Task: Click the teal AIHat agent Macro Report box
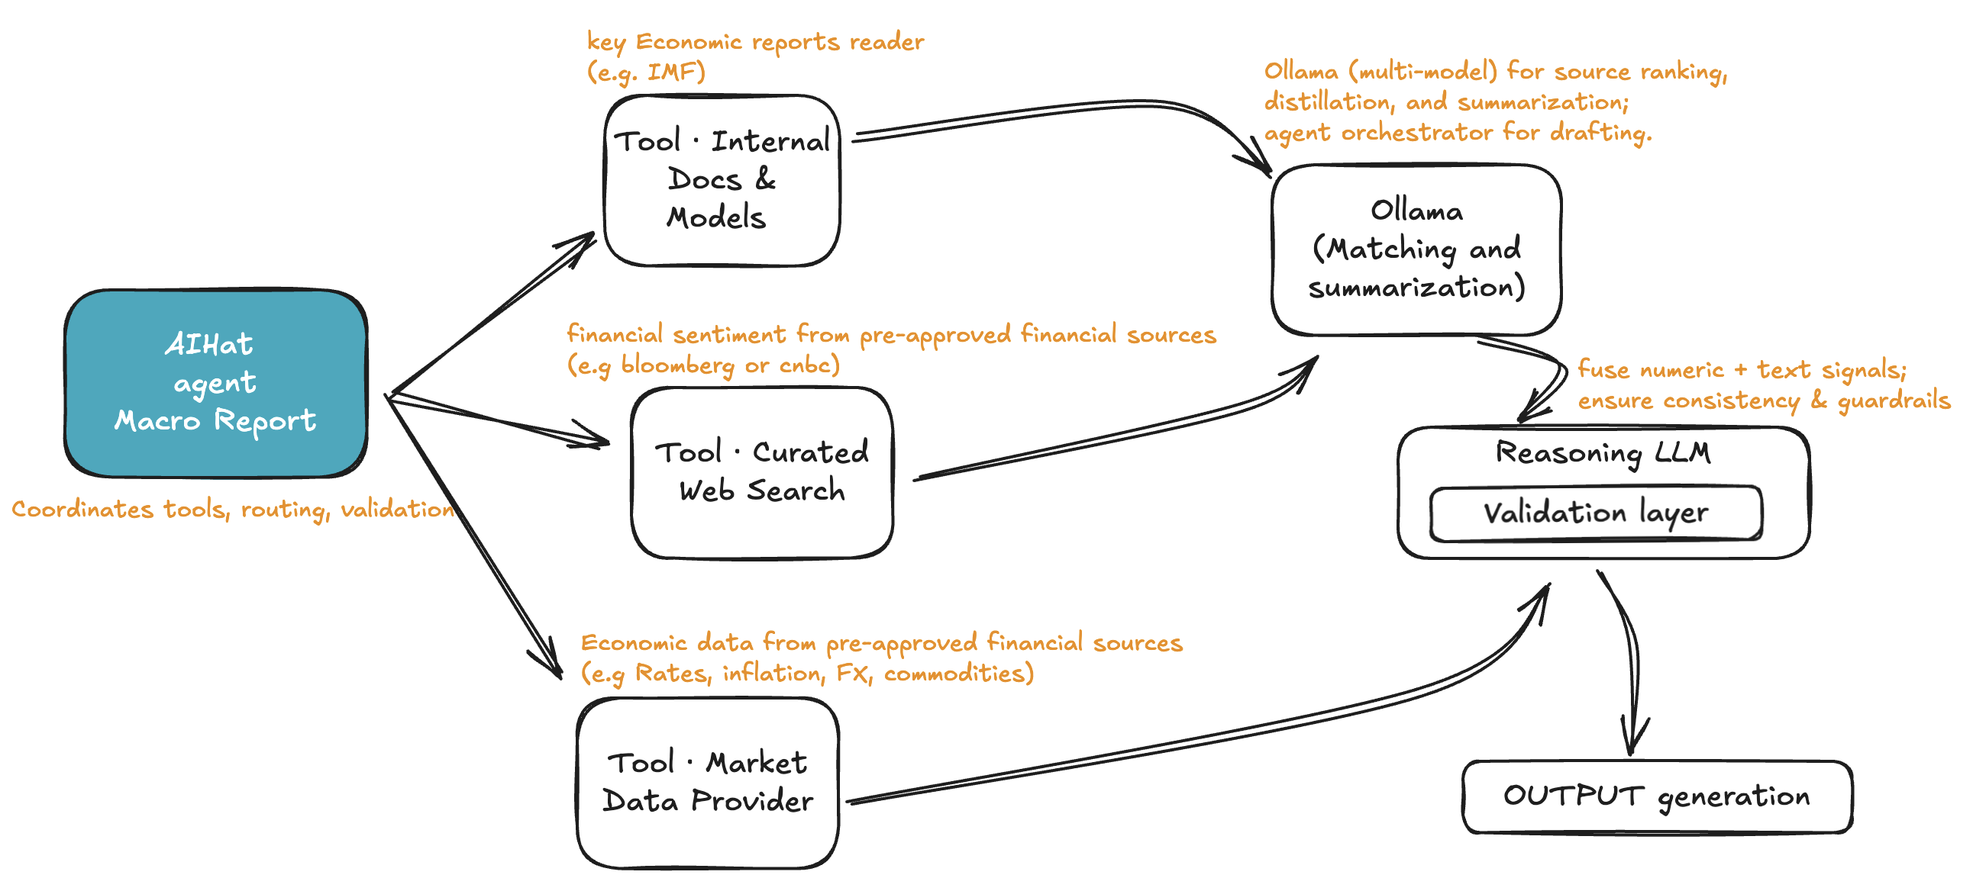pos(215,383)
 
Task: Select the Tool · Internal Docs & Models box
pos(722,181)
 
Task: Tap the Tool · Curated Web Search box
pos(761,472)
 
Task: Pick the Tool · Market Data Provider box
pos(708,783)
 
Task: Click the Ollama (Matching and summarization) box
pos(1416,249)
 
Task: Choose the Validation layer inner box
pos(1595,513)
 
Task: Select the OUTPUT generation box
pos(1657,796)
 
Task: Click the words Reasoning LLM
pos(1602,452)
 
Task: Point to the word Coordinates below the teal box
pos(82,510)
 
